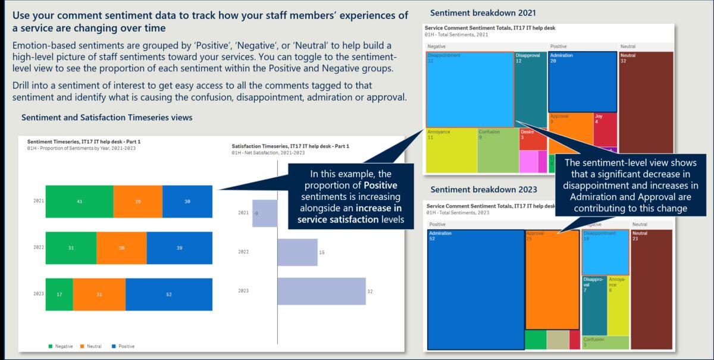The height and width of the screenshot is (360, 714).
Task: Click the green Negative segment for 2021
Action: (79, 202)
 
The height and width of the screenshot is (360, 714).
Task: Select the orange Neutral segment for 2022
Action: (121, 248)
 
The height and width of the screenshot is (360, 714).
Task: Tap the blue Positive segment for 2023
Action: (169, 295)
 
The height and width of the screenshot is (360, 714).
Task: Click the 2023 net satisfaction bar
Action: (321, 291)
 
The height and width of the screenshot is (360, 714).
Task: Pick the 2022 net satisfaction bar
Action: (297, 252)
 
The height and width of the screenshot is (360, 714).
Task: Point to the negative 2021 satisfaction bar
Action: (265, 213)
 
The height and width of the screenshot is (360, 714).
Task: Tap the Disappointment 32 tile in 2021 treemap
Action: (469, 89)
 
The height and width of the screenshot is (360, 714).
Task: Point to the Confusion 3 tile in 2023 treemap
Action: (605, 343)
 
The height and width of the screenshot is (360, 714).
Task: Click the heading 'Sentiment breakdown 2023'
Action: (484, 190)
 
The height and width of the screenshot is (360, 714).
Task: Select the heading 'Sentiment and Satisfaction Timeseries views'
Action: (107, 118)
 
